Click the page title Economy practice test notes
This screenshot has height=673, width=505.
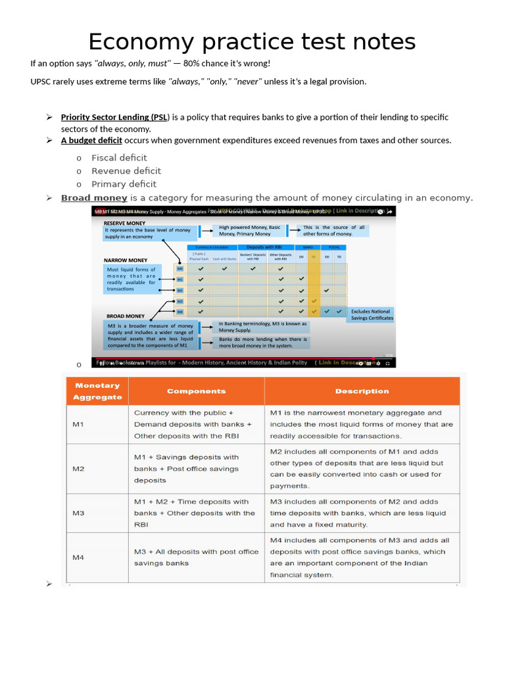(x=252, y=42)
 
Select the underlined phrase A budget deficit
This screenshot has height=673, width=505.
(x=91, y=140)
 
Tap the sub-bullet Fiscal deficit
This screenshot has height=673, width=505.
(x=119, y=158)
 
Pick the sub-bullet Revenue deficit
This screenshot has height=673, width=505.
(x=126, y=171)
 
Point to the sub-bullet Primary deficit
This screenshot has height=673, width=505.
(x=124, y=184)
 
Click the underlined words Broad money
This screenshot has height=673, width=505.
(x=94, y=198)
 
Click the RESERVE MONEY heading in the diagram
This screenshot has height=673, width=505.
(x=125, y=223)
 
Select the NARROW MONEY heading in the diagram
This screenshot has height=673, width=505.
(x=126, y=260)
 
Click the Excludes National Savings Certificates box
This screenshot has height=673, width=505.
(x=372, y=315)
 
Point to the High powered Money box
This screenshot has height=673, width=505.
(x=250, y=231)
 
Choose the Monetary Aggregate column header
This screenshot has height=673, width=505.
(x=97, y=391)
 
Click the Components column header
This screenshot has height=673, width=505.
(x=196, y=391)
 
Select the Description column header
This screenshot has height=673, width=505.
(x=362, y=391)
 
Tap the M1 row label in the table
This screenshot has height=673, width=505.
(x=78, y=425)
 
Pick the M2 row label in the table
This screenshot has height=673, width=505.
(x=78, y=469)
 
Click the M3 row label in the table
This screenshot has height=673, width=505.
(x=78, y=513)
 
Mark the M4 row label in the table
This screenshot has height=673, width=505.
(x=78, y=557)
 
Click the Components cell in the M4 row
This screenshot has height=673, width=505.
(x=196, y=557)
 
